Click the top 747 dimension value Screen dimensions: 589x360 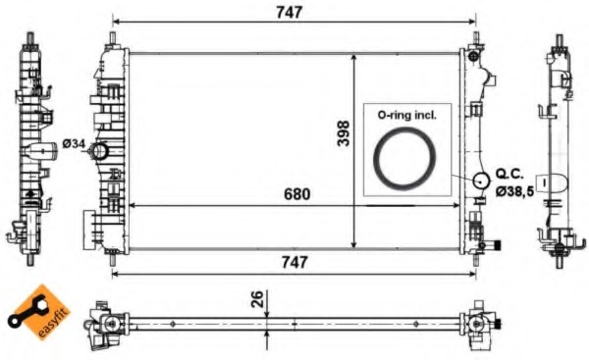pyautogui.click(x=289, y=13)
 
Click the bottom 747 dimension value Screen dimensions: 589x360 pyautogui.click(x=294, y=263)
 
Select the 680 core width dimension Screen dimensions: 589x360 pyautogui.click(x=297, y=194)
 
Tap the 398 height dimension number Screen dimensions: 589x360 pyautogui.click(x=344, y=133)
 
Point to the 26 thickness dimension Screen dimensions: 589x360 pyautogui.click(x=257, y=299)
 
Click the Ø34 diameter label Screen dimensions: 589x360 pyautogui.click(x=74, y=144)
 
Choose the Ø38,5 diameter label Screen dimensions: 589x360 pyautogui.click(x=514, y=191)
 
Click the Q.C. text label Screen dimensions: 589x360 pyautogui.click(x=509, y=174)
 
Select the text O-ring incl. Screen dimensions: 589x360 pyautogui.click(x=406, y=115)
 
